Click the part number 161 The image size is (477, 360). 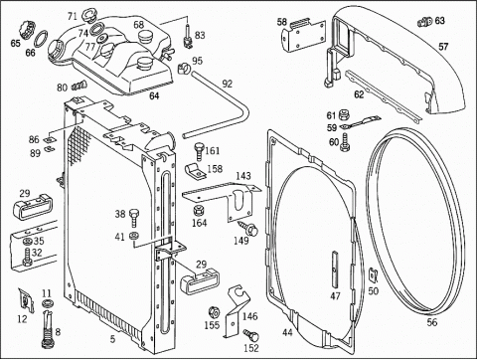point(213,151)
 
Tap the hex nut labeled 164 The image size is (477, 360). point(200,210)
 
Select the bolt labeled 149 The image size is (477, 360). point(248,229)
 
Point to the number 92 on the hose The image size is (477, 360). point(228,84)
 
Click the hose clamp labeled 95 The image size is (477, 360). point(184,69)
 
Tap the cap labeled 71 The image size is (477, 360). point(87,16)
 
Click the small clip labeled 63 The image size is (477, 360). point(424,22)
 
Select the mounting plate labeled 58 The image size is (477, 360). point(303,36)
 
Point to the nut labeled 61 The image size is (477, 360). point(344,115)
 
